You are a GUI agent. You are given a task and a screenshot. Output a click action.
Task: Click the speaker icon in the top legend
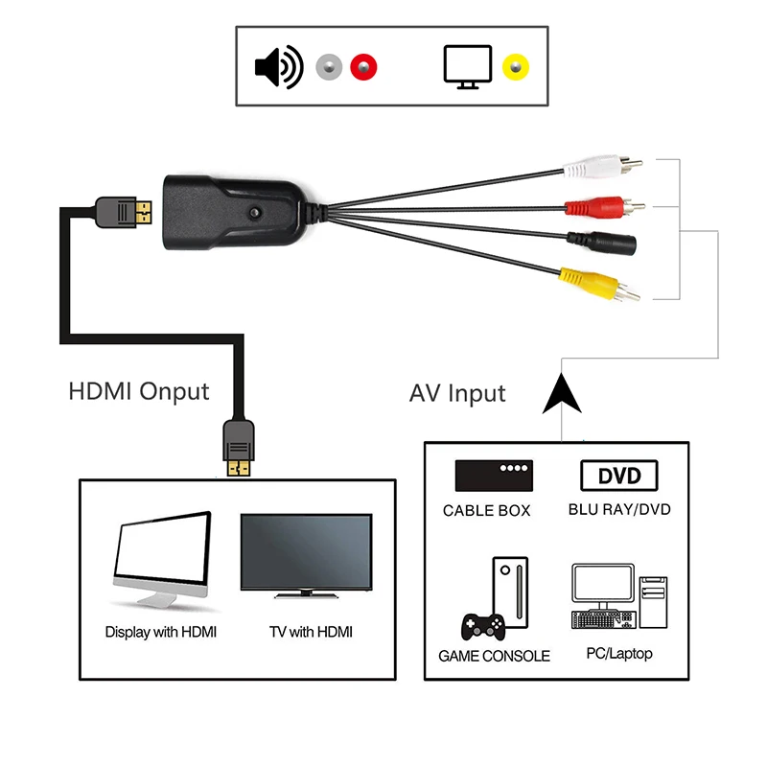(x=277, y=67)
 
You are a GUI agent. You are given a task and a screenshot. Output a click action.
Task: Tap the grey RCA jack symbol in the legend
(x=329, y=67)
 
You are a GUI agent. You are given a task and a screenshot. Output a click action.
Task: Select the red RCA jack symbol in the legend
(x=364, y=67)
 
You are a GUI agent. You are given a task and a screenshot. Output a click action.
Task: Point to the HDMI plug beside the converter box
(x=123, y=211)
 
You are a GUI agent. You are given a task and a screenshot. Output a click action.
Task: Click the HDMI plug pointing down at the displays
(x=239, y=447)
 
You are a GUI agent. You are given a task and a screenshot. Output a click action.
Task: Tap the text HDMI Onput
(x=139, y=391)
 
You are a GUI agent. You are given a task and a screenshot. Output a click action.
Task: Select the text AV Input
(x=457, y=393)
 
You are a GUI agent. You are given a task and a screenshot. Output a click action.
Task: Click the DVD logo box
(x=618, y=476)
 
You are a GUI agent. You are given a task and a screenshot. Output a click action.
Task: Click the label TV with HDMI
(x=312, y=632)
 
